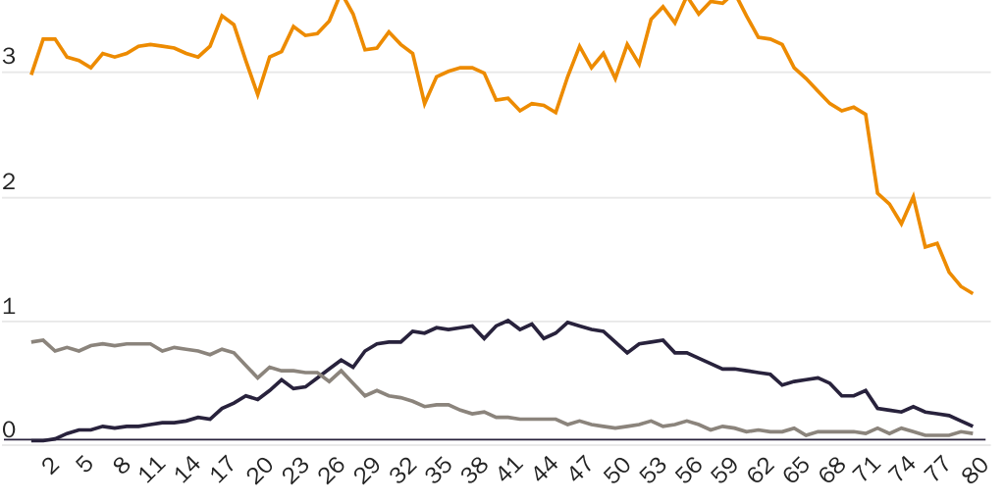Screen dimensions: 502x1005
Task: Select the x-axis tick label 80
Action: click(x=975, y=471)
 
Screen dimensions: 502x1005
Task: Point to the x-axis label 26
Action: click(x=334, y=471)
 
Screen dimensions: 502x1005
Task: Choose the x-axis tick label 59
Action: click(x=724, y=471)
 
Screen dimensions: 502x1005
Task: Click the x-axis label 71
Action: click(x=868, y=471)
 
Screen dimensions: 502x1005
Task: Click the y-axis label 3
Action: click(x=9, y=56)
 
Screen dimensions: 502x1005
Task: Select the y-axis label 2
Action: click(x=9, y=181)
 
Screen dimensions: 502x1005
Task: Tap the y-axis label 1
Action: click(x=9, y=306)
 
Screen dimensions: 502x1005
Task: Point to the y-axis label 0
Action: click(x=9, y=429)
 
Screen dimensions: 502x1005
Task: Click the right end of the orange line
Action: click(x=972, y=293)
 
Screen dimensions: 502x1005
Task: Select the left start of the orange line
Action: click(x=31, y=74)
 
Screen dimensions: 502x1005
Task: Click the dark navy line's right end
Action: click(x=972, y=426)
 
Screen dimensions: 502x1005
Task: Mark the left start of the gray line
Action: click(x=31, y=342)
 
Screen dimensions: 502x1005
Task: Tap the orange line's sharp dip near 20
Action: click(x=257, y=95)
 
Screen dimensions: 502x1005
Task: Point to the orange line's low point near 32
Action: click(x=425, y=104)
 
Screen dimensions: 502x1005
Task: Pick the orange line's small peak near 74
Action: click(x=913, y=196)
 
